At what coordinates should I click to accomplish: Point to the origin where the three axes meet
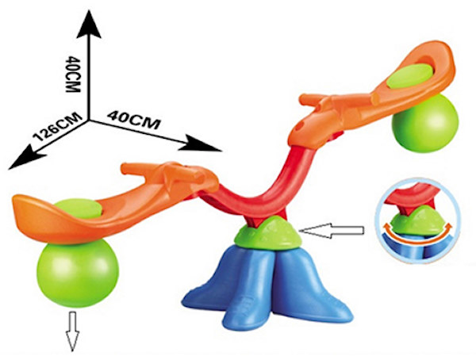click(90, 119)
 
